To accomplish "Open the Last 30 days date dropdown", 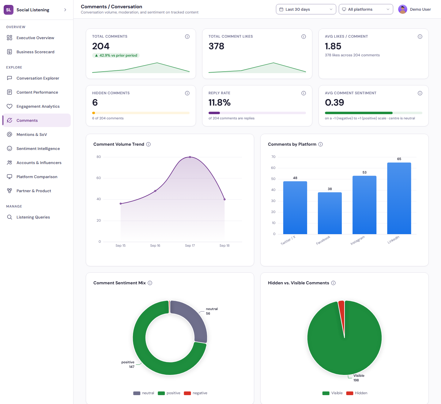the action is pos(306,9).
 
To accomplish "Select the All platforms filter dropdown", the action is pos(366,9).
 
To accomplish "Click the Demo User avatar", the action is pos(402,9).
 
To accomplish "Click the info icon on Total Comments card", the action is pos(187,36).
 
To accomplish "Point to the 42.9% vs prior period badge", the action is pos(116,55).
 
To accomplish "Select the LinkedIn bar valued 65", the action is pos(399,198).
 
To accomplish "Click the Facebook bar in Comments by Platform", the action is pos(330,213).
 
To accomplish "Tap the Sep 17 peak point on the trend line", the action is pos(190,157).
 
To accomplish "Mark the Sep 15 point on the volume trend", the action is pos(120,204).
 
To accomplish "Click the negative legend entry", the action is pos(195,393).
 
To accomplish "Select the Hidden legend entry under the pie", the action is pos(356,393).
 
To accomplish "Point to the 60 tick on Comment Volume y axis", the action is pos(99,178).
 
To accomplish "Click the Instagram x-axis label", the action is pos(357,240).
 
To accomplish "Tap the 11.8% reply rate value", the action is pos(219,103).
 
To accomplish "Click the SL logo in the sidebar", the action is pos(9,10).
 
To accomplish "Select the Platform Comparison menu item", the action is pos(36,177).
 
